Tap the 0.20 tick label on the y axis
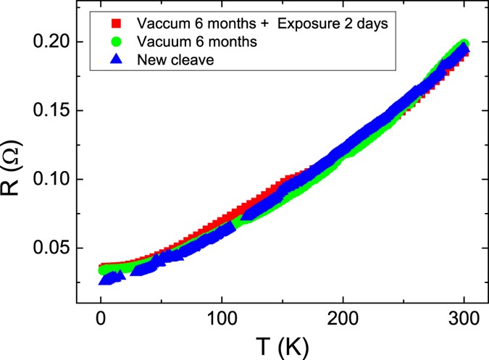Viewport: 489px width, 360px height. [x=49, y=43]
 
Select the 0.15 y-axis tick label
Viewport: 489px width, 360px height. [x=49, y=111]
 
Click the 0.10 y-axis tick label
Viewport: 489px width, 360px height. [x=49, y=179]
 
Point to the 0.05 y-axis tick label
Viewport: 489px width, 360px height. [x=49, y=248]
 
